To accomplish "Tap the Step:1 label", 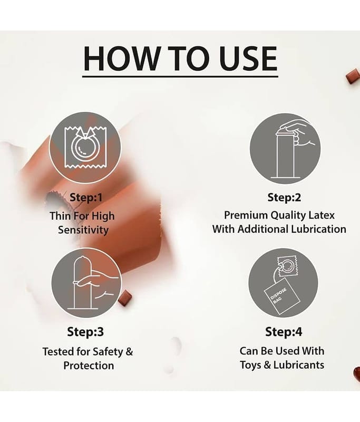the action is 86,197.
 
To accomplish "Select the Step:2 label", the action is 284,197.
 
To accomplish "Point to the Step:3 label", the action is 85,332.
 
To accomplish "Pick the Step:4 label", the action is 284,332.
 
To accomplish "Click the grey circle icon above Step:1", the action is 85,148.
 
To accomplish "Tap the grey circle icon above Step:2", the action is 285,148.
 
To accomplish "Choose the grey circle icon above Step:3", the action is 86,283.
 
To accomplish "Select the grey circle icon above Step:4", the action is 284,283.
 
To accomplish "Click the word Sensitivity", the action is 83,230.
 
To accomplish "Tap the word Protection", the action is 89,366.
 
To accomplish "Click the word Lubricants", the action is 299,365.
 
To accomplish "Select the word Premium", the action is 246,215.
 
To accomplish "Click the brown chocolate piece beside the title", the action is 353,75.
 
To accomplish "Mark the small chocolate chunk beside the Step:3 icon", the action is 125,298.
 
